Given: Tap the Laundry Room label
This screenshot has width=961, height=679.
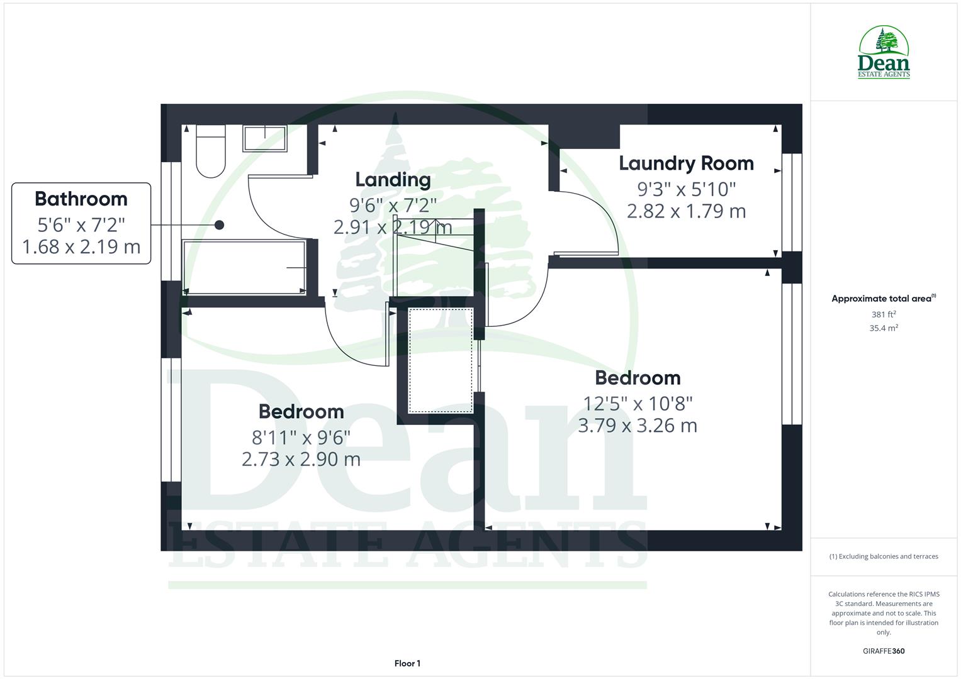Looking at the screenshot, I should pyautogui.click(x=686, y=163).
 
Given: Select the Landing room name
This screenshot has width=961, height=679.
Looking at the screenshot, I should pyautogui.click(x=393, y=180).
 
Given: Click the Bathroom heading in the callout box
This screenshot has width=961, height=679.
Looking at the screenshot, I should pyautogui.click(x=81, y=199).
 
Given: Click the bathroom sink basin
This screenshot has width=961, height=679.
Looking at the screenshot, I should pyautogui.click(x=265, y=138).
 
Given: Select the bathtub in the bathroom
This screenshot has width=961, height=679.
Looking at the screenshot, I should pyautogui.click(x=244, y=267).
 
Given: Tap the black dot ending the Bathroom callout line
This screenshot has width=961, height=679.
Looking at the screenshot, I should pyautogui.click(x=219, y=224).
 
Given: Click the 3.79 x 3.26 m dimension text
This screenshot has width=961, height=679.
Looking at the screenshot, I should pyautogui.click(x=637, y=426).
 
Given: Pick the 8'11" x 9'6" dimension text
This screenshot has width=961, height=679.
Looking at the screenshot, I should pyautogui.click(x=301, y=436).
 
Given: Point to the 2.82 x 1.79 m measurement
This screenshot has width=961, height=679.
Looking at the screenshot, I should pyautogui.click(x=686, y=211).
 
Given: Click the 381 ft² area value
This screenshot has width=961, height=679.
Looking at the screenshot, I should pyautogui.click(x=884, y=314).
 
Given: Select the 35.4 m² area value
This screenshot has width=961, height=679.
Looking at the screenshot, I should pyautogui.click(x=884, y=328).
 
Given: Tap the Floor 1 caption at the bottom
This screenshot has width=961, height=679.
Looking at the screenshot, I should pyautogui.click(x=407, y=663).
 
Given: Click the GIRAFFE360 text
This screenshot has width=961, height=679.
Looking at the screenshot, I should pyautogui.click(x=884, y=651).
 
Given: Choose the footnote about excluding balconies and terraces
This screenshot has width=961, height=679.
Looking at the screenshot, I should pyautogui.click(x=884, y=556).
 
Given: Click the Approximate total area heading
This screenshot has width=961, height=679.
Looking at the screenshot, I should pyautogui.click(x=884, y=299).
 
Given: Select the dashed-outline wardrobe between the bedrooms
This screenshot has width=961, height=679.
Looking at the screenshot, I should pyautogui.click(x=441, y=360).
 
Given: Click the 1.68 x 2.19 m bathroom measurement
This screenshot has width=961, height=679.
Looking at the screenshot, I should pyautogui.click(x=81, y=247).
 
